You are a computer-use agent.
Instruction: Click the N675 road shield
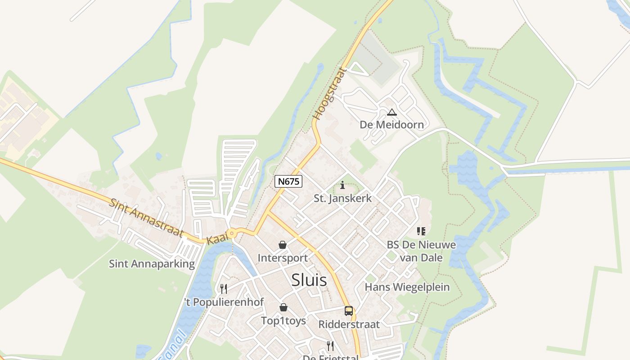pos(288,181)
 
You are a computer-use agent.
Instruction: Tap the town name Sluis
pos(309,280)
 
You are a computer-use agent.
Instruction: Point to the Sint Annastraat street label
pos(146,218)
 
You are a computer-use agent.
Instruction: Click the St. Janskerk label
pos(343,198)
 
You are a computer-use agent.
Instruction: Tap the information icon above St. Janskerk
pos(343,185)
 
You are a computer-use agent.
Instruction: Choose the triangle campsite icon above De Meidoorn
pos(392,112)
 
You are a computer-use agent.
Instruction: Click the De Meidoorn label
pos(392,125)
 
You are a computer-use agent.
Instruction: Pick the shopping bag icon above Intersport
pos(283,245)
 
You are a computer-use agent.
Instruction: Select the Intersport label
pos(283,258)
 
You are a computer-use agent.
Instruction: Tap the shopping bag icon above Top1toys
pos(283,307)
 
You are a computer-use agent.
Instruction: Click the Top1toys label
pos(283,320)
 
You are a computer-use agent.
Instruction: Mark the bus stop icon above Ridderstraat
pos(349,310)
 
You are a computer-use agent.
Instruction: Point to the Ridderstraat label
pos(349,324)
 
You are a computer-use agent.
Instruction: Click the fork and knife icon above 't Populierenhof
pos(224,288)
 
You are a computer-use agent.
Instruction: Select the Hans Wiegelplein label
pos(407,287)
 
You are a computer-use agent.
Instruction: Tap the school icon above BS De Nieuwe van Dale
pos(421,231)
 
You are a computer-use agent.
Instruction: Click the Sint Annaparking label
pos(152,264)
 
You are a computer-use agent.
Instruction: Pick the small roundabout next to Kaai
pos(232,233)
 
